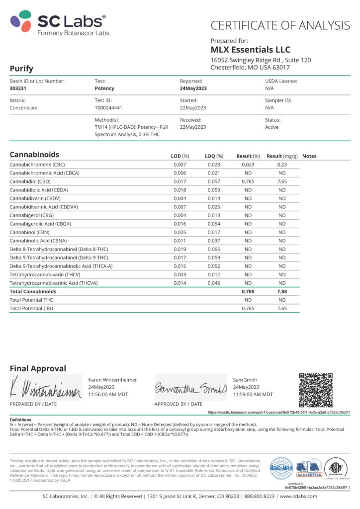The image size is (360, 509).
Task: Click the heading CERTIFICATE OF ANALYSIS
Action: [280, 25]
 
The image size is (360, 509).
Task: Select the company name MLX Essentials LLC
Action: [250, 50]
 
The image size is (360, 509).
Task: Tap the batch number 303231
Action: [19, 88]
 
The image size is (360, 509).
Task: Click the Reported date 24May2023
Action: [193, 88]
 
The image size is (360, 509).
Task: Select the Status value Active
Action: [271, 127]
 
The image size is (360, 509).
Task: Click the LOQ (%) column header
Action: [214, 156]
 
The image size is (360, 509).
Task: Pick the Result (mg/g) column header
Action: [281, 156]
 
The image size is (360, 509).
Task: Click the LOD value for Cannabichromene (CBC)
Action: [180, 165]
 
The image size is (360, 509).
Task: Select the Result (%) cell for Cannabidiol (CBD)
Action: [248, 181]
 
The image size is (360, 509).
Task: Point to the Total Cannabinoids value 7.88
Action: [281, 291]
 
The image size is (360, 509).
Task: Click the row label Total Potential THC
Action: [31, 300]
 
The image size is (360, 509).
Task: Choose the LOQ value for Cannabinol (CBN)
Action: [213, 232]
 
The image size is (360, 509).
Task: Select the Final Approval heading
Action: [38, 368]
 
